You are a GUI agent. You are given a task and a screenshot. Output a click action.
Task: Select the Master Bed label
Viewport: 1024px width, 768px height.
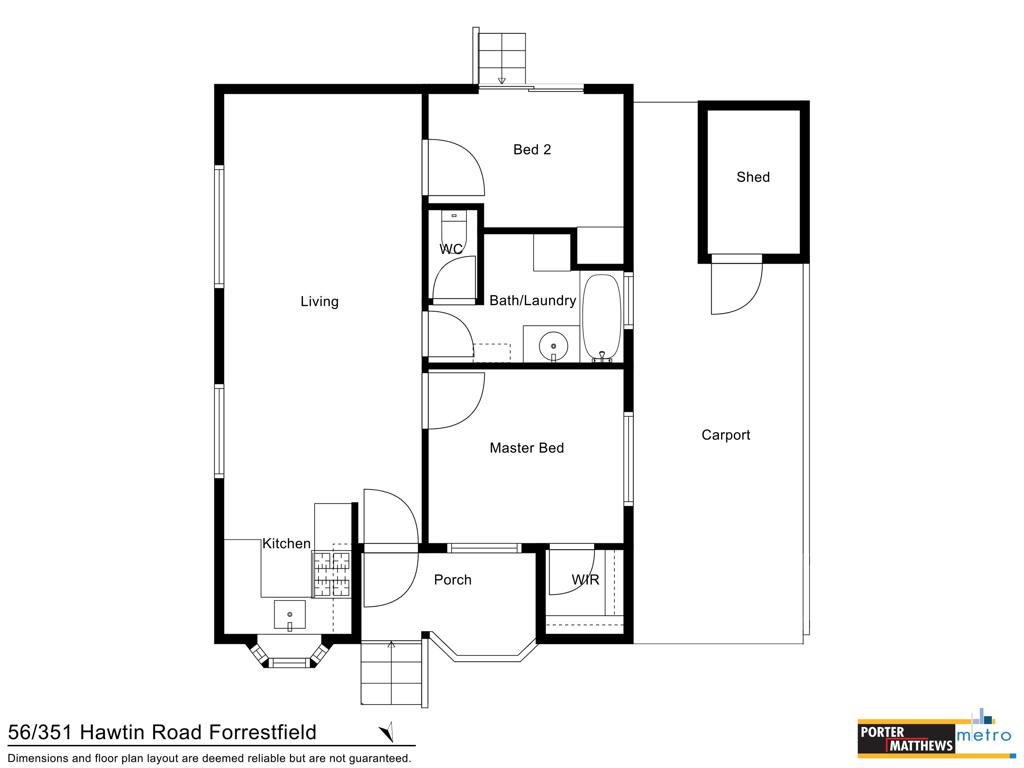[x=527, y=448]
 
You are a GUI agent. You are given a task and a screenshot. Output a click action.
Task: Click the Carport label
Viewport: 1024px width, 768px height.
[x=726, y=435]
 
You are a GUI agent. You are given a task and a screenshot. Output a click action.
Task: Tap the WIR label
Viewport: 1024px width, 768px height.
[x=586, y=580]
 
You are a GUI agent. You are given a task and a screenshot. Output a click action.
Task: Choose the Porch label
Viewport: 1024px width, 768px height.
[x=453, y=580]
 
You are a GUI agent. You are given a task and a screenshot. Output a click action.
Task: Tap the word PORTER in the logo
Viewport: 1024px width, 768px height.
[x=882, y=732]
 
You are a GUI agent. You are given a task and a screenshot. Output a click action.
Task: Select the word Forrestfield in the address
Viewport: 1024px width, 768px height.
[x=263, y=732]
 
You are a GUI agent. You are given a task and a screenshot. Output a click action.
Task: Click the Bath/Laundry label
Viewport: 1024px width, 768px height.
[x=533, y=301]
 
